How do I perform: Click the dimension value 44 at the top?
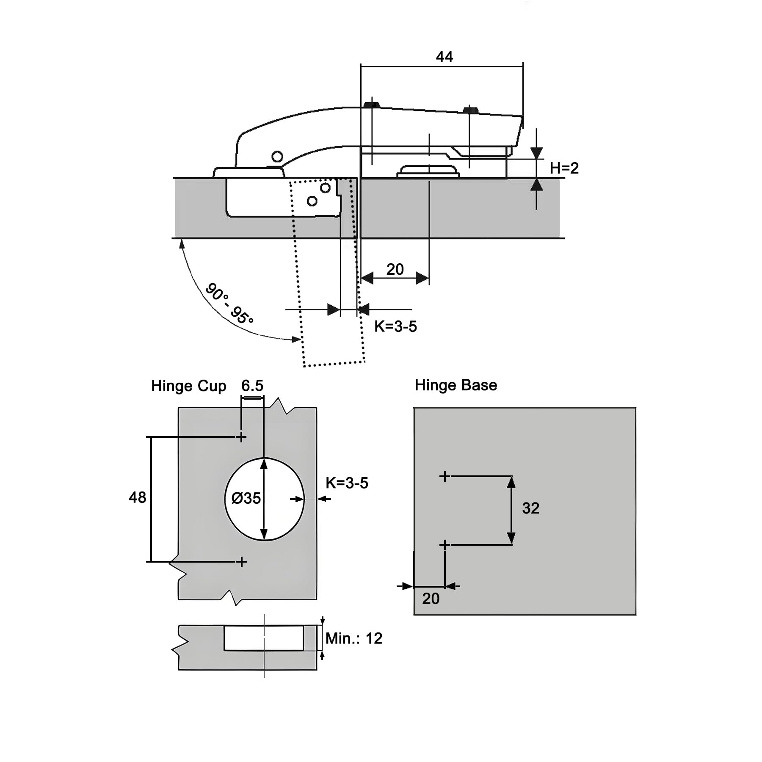click(x=444, y=57)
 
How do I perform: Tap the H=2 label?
click(x=564, y=168)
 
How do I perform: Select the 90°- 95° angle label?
click(x=229, y=303)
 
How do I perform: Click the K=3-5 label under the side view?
click(x=395, y=326)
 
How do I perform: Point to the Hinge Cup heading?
click(x=188, y=386)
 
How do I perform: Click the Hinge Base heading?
click(x=456, y=385)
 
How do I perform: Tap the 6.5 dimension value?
click(x=252, y=386)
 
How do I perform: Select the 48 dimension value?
click(x=137, y=497)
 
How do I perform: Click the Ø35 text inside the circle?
click(x=246, y=498)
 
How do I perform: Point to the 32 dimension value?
click(x=530, y=508)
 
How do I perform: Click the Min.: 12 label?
click(x=354, y=638)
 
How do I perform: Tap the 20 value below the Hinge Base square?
click(x=431, y=599)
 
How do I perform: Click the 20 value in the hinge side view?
click(x=395, y=269)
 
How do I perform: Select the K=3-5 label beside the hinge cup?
click(x=347, y=483)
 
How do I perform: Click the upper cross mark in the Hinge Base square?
click(x=444, y=476)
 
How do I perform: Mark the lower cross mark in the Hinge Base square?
click(x=444, y=544)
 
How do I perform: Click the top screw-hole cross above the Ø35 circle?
click(x=241, y=436)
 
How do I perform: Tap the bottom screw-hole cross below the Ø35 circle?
click(x=241, y=562)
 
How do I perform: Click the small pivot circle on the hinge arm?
click(x=277, y=157)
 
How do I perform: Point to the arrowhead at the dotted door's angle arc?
click(x=297, y=339)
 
